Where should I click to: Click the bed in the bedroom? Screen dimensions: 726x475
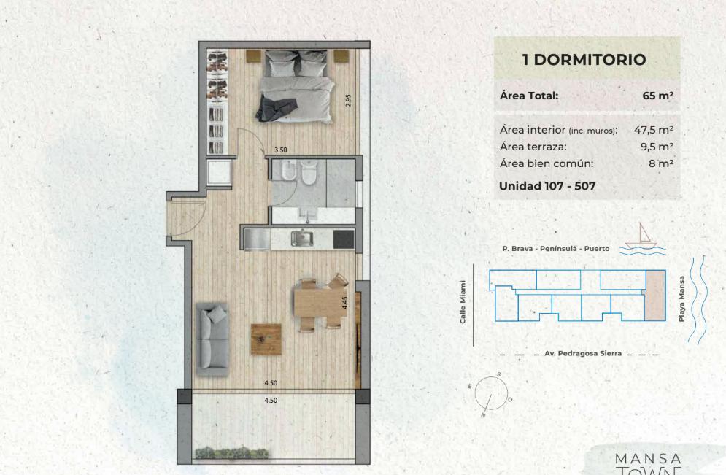[x=295, y=86]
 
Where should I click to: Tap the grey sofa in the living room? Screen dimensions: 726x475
[x=212, y=339]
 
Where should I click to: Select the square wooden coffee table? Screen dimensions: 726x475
[x=266, y=339]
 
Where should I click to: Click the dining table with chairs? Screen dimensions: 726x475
[x=321, y=304]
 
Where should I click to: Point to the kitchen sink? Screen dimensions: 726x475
[x=302, y=239]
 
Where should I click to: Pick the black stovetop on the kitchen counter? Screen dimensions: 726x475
[x=344, y=239]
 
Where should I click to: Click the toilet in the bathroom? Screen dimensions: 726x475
[x=308, y=172]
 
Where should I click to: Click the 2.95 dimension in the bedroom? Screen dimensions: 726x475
[x=349, y=101]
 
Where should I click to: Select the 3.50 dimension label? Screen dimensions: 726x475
[x=281, y=150]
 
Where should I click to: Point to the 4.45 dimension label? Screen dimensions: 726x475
[x=344, y=303]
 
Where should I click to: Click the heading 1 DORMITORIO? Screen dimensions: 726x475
[x=584, y=60]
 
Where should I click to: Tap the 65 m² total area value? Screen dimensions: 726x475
[x=658, y=96]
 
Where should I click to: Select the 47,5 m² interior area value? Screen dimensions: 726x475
[x=654, y=130]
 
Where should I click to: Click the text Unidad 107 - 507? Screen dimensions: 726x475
[x=547, y=186]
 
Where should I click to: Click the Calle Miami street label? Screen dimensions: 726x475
[x=463, y=302]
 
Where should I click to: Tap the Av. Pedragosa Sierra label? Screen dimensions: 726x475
[x=583, y=353]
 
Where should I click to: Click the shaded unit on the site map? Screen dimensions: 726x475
[x=654, y=296]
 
